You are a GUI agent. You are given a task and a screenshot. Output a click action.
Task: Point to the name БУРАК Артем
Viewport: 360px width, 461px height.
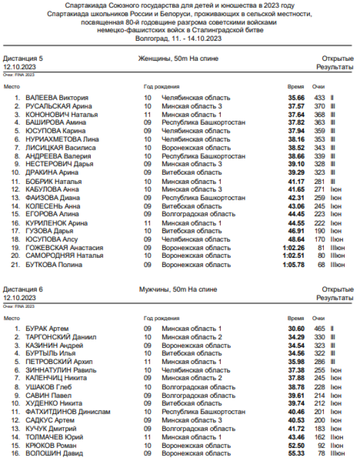coord(47,328)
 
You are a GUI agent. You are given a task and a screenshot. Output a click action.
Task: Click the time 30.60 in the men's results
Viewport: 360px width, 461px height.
coord(296,328)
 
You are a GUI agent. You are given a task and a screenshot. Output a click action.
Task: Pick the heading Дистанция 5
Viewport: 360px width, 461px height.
coord(23,59)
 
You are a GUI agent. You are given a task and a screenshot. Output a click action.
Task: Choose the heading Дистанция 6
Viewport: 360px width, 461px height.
coord(23,290)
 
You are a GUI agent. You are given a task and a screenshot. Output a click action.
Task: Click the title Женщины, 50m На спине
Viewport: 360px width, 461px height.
coord(178,59)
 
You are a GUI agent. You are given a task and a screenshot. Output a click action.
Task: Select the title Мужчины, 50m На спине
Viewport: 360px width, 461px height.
coord(178,290)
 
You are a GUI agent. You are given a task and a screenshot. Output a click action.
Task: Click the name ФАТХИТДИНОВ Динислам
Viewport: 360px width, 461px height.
coord(68,412)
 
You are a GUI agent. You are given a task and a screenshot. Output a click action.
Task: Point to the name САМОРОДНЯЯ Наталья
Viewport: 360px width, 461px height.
coord(64,255)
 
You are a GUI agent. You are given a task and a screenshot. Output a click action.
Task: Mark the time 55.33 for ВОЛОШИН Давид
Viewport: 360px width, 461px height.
coord(296,453)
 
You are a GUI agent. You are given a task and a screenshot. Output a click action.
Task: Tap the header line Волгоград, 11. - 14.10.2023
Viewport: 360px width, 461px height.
coord(178,37)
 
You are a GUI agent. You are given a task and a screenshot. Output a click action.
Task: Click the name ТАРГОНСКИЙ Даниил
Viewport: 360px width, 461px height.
coord(61,337)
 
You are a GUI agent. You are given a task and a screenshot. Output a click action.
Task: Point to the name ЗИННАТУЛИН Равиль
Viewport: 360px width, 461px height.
coord(61,370)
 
